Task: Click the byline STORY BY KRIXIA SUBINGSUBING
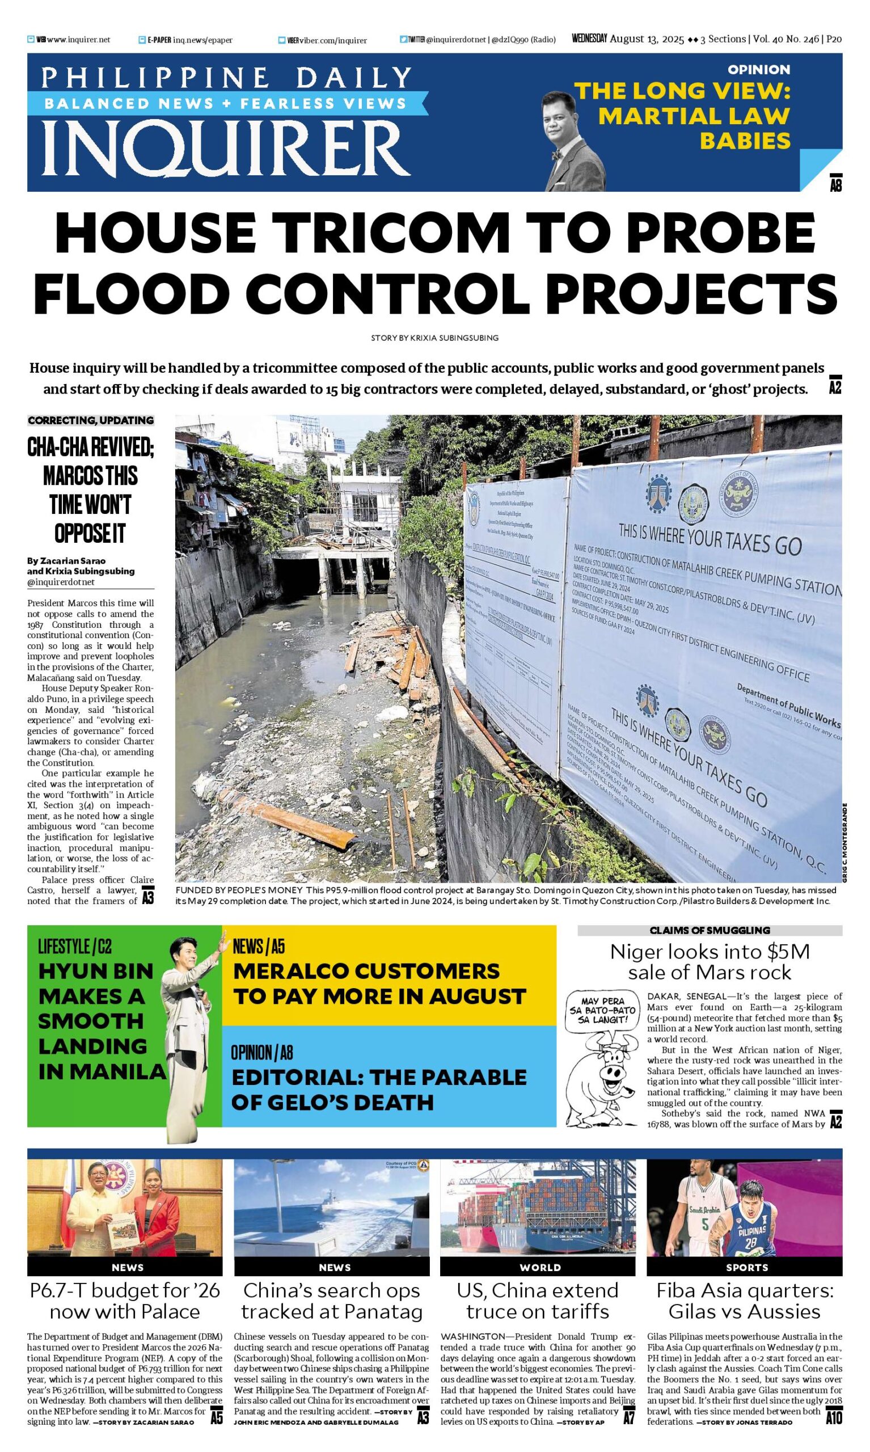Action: click(x=434, y=337)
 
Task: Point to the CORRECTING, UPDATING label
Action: click(x=91, y=420)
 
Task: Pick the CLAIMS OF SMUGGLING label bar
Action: click(x=709, y=930)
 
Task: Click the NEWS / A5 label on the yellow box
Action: click(x=259, y=946)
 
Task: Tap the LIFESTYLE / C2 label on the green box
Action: click(x=74, y=946)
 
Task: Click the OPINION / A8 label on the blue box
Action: click(x=261, y=1053)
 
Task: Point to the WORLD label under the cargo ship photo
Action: click(x=540, y=1267)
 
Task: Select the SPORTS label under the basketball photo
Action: click(x=746, y=1267)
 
